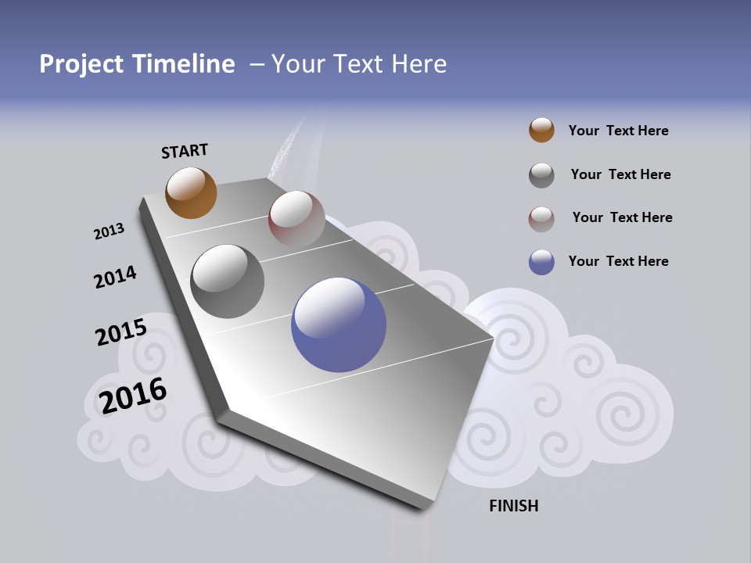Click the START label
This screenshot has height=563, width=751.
point(185,151)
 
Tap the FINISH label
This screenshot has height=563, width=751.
point(513,506)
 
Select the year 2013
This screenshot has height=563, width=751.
point(109,231)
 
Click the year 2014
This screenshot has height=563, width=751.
point(115,278)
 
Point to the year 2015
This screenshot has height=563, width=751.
point(120,332)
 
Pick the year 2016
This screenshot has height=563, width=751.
point(133,396)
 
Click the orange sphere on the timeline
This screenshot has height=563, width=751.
point(191,192)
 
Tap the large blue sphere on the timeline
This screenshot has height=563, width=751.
point(339,325)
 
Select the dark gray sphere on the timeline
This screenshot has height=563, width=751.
point(227,281)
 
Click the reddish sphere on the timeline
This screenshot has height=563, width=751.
point(296,218)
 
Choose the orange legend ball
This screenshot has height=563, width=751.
point(541,130)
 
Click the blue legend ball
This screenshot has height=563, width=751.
point(541,262)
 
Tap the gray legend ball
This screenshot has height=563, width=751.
point(541,175)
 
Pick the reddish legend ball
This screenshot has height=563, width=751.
point(541,219)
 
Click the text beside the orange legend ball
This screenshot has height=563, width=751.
point(618,131)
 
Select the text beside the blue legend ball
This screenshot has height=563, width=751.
point(618,261)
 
